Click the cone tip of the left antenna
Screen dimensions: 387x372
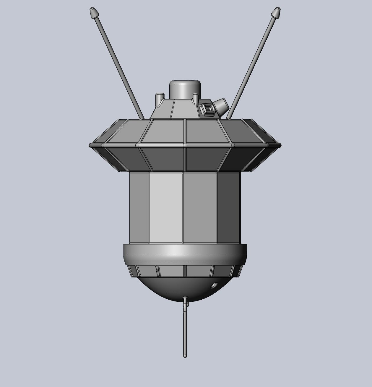click(x=94, y=12)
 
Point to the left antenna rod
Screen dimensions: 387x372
click(x=118, y=65)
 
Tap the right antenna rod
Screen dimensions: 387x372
click(x=251, y=65)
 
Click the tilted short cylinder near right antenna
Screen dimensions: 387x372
click(x=221, y=106)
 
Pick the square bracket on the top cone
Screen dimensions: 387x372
click(x=207, y=109)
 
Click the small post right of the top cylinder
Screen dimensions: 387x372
click(x=195, y=98)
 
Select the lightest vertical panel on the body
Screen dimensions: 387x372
click(x=165, y=207)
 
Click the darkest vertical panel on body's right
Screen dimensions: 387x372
click(x=228, y=207)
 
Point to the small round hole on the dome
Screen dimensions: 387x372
click(x=214, y=286)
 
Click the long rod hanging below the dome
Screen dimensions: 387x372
click(x=185, y=329)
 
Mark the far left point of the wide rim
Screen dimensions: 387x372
click(x=90, y=145)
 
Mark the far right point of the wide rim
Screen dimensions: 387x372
click(x=280, y=145)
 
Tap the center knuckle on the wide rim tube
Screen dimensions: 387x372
click(x=185, y=145)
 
